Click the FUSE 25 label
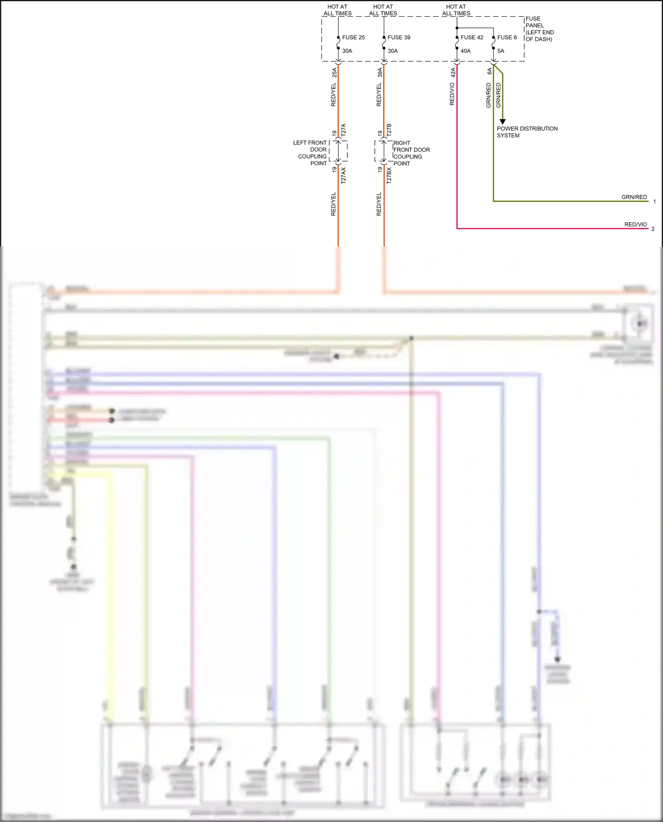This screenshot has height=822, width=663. [353, 38]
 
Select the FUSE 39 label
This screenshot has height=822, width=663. [399, 38]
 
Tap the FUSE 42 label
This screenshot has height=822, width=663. [472, 38]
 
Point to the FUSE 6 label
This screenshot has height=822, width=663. [507, 38]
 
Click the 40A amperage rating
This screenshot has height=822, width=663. [465, 51]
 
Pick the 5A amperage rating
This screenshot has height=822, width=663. [500, 51]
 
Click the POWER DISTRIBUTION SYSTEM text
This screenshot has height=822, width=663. [527, 132]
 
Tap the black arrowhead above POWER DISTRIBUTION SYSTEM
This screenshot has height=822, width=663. [502, 122]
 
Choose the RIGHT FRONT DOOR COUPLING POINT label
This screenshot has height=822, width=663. [411, 153]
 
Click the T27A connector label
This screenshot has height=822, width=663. [343, 129]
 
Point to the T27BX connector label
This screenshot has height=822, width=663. [389, 175]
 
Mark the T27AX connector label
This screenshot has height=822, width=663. [343, 175]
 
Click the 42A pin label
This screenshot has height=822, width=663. [453, 72]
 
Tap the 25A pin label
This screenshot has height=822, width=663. [334, 72]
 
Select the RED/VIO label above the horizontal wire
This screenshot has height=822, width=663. [635, 224]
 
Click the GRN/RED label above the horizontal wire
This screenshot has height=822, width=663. [634, 197]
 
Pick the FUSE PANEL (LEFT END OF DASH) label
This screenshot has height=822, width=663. [539, 29]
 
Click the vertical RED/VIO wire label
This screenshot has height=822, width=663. [452, 94]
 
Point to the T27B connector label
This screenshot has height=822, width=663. [389, 129]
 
